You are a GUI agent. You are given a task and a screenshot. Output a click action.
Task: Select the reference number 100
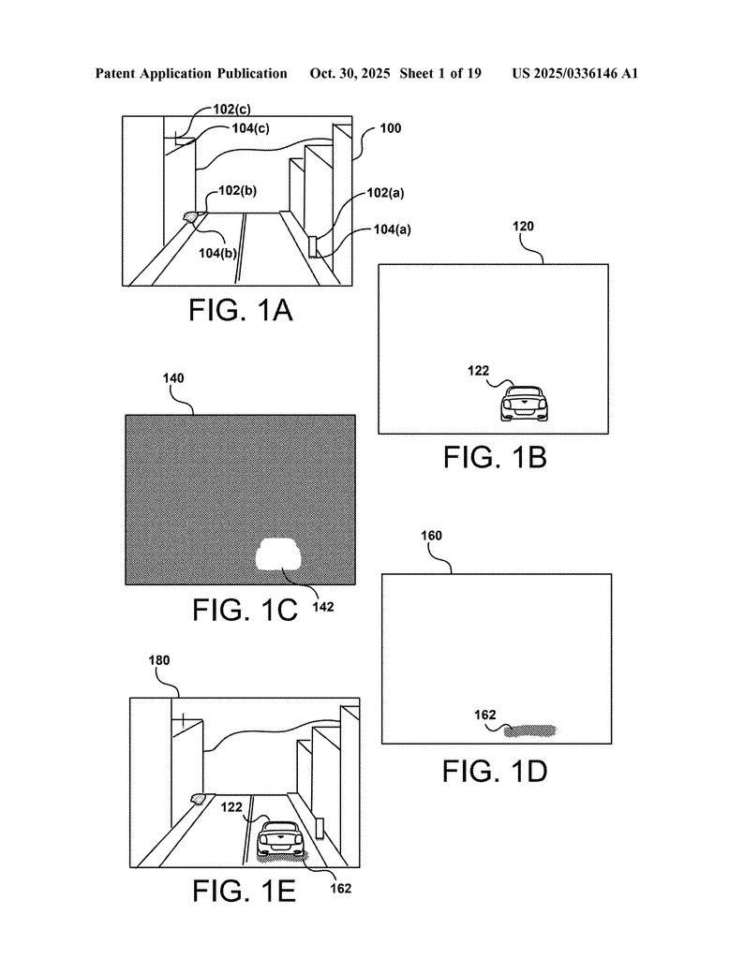click(x=390, y=128)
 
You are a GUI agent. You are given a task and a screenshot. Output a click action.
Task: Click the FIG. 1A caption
click(x=241, y=311)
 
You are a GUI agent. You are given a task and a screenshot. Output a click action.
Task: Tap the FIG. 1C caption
click(x=246, y=610)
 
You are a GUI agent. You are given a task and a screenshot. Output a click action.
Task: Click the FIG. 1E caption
click(x=245, y=891)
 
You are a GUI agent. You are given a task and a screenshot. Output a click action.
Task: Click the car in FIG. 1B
click(x=522, y=404)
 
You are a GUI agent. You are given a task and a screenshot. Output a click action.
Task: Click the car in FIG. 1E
click(x=280, y=839)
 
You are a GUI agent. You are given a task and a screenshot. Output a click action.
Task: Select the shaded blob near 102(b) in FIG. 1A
click(x=192, y=216)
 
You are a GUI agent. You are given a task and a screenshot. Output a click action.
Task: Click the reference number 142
click(x=322, y=606)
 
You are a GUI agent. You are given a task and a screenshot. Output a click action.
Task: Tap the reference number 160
click(x=431, y=536)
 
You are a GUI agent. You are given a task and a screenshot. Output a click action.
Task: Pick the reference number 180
click(x=160, y=659)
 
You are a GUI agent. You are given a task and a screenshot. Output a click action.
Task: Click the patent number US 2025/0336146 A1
click(x=574, y=73)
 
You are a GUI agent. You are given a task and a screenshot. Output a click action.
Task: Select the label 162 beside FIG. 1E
click(x=341, y=888)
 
